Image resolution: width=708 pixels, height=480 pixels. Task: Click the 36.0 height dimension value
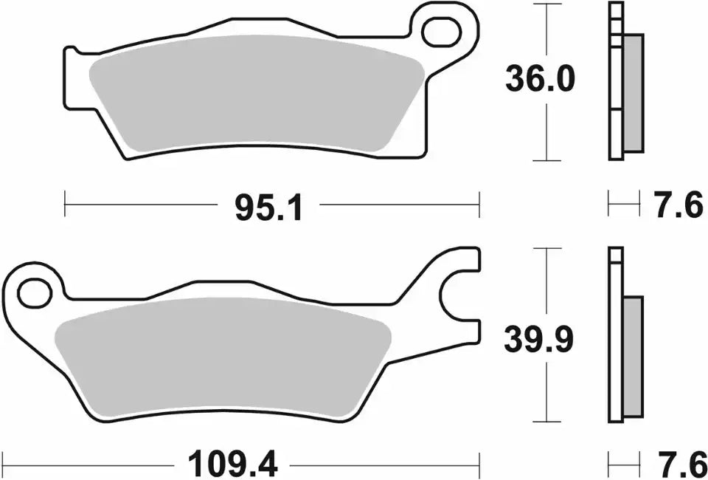click(538, 79)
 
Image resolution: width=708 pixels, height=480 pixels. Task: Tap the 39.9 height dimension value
click(538, 340)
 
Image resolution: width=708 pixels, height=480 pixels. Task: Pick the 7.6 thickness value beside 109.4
click(678, 464)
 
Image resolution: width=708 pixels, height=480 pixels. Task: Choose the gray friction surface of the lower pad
click(221, 358)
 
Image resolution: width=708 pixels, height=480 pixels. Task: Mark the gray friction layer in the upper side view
click(633, 93)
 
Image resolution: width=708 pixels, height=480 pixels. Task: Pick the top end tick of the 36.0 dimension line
click(546, 4)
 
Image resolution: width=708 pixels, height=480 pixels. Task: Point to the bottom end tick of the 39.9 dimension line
click(546, 422)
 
